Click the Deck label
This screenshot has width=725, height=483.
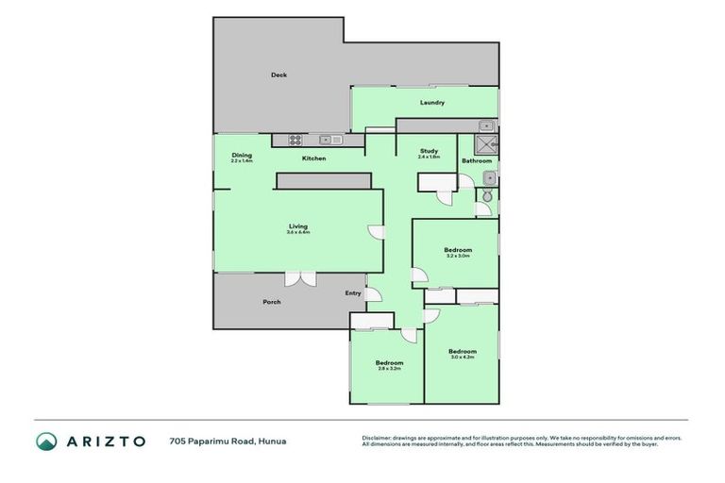(x=278, y=75)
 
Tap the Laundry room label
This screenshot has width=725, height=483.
(x=431, y=103)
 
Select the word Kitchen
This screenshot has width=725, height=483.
(x=313, y=158)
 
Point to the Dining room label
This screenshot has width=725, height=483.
(x=242, y=155)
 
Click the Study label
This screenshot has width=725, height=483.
(x=429, y=151)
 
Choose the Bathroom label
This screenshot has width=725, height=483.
(x=477, y=160)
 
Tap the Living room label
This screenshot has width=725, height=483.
(x=298, y=226)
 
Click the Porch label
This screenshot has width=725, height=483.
(x=271, y=302)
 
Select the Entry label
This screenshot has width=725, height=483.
(x=353, y=293)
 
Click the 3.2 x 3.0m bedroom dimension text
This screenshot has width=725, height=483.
(x=458, y=256)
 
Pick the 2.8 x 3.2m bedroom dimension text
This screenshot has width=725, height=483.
(x=389, y=369)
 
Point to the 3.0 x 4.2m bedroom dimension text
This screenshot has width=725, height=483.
(x=462, y=358)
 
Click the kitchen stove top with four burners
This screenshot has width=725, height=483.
(x=295, y=140)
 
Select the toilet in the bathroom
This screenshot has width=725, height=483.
(x=487, y=195)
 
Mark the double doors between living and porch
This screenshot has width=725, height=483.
(x=301, y=277)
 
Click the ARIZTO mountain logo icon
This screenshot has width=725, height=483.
(x=46, y=441)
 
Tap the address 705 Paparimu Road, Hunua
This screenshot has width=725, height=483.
(x=228, y=441)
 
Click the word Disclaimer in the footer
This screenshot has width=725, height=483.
(x=379, y=438)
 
